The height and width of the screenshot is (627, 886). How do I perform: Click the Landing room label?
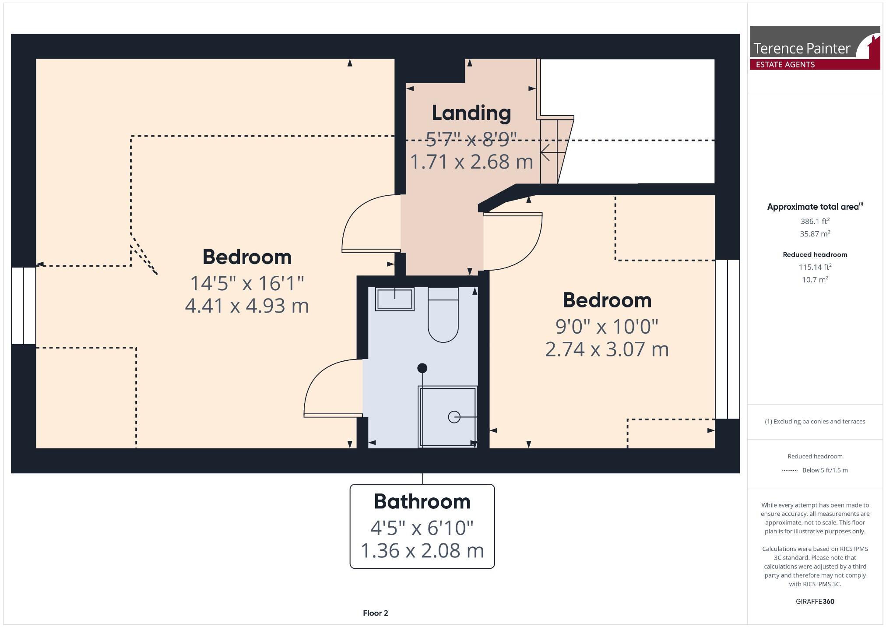point(471,113)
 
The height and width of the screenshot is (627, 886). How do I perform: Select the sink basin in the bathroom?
point(394,299)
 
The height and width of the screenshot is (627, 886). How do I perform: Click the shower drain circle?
point(454,417)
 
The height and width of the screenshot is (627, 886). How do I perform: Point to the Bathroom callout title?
point(422,502)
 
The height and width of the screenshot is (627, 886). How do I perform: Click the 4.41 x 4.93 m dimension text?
point(247,306)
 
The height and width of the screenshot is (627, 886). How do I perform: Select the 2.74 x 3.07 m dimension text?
point(607,349)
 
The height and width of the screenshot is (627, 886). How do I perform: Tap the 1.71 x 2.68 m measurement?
point(471,162)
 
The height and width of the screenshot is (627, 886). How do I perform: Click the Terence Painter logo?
point(814,48)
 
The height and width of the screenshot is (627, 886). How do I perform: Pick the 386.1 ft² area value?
point(815,221)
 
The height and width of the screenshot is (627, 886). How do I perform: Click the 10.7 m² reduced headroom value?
point(815,279)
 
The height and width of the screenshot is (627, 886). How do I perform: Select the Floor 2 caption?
point(375,613)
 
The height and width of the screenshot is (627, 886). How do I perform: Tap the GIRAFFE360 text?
point(815,601)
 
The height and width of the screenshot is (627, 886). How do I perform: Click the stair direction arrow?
point(552,153)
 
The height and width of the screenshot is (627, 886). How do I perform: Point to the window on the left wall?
point(23,305)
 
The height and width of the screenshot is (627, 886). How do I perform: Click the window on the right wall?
point(727,339)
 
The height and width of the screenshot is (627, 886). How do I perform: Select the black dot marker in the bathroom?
point(422,368)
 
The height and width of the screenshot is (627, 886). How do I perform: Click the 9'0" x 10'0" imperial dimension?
point(607,327)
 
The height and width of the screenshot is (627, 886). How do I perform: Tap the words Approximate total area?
point(813,207)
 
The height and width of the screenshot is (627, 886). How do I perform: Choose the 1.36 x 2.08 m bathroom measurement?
point(422,551)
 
